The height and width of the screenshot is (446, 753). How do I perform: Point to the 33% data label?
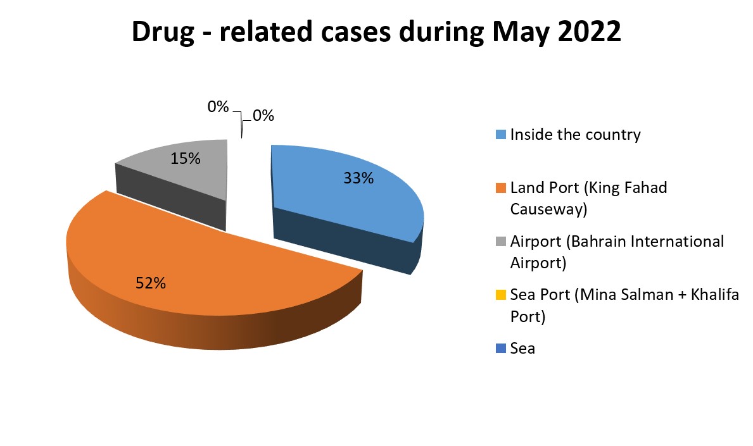coord(358,178)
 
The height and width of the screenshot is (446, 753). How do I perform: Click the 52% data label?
coord(151,283)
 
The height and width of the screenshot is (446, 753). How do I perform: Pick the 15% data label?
coord(186,158)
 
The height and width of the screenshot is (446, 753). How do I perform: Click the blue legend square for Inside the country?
coord(501,135)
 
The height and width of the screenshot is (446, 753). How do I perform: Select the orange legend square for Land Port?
coord(501,188)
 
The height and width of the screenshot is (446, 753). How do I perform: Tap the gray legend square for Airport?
coord(501,241)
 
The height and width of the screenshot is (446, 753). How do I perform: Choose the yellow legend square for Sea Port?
coord(501,294)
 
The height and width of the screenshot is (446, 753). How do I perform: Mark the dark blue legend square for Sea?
coord(501,348)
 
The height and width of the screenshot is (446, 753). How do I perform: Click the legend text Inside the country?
coord(575,135)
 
